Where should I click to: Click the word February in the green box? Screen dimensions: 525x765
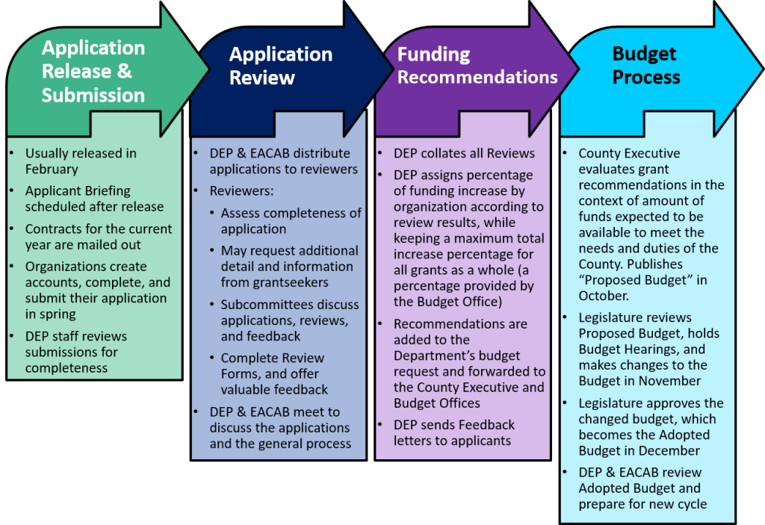(52, 170)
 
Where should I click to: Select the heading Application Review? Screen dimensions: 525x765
(280, 66)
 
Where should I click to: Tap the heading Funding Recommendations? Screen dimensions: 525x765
(477, 66)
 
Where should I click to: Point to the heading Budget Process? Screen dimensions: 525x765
(645, 66)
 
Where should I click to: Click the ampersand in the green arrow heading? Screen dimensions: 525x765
(123, 72)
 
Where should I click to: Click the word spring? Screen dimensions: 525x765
(61, 314)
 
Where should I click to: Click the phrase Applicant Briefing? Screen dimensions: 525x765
(78, 190)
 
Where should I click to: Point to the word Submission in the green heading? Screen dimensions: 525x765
(93, 96)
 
